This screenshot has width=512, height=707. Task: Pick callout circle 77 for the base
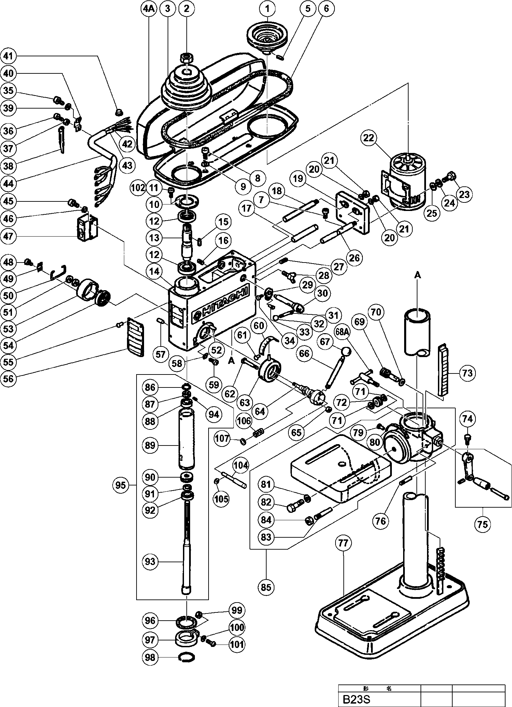(x=343, y=543)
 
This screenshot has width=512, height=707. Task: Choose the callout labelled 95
(x=120, y=485)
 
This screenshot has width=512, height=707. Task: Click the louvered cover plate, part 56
(x=136, y=336)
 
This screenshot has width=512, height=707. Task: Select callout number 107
(x=223, y=438)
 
